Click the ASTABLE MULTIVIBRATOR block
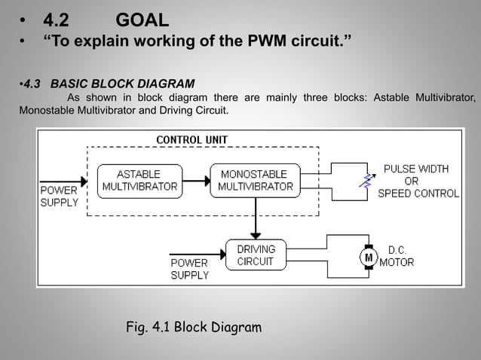point(139,181)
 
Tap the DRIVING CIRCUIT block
point(256,255)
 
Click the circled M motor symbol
point(369,257)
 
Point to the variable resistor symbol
point(368,181)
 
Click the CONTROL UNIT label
point(191,139)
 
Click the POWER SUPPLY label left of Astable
point(59,197)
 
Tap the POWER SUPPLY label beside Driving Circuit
point(189,269)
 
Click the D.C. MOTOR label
point(397,256)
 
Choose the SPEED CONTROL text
point(418,194)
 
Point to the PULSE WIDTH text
point(416,169)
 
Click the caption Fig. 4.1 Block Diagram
point(194,327)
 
